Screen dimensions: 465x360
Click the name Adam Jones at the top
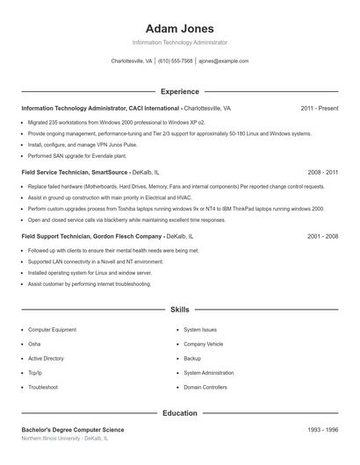pyautogui.click(x=179, y=29)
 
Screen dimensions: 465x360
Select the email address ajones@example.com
pyautogui.click(x=223, y=61)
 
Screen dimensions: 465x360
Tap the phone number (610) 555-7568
pyautogui.click(x=175, y=61)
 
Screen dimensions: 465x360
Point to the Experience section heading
pyautogui.click(x=179, y=91)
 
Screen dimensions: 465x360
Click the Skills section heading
pyautogui.click(x=179, y=310)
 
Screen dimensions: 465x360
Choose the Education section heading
pyautogui.click(x=179, y=412)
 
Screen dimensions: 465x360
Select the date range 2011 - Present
pyautogui.click(x=319, y=108)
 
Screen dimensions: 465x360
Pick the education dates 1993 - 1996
pyautogui.click(x=322, y=430)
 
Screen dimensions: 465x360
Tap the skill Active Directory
pyautogui.click(x=46, y=358)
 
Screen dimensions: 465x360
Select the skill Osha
pyautogui.click(x=34, y=344)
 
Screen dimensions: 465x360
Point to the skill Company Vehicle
pyautogui.click(x=203, y=344)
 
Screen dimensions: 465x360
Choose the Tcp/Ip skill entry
pyautogui.click(x=37, y=372)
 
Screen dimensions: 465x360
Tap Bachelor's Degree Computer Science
pyautogui.click(x=73, y=430)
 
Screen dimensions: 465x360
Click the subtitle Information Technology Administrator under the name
pyautogui.click(x=179, y=42)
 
